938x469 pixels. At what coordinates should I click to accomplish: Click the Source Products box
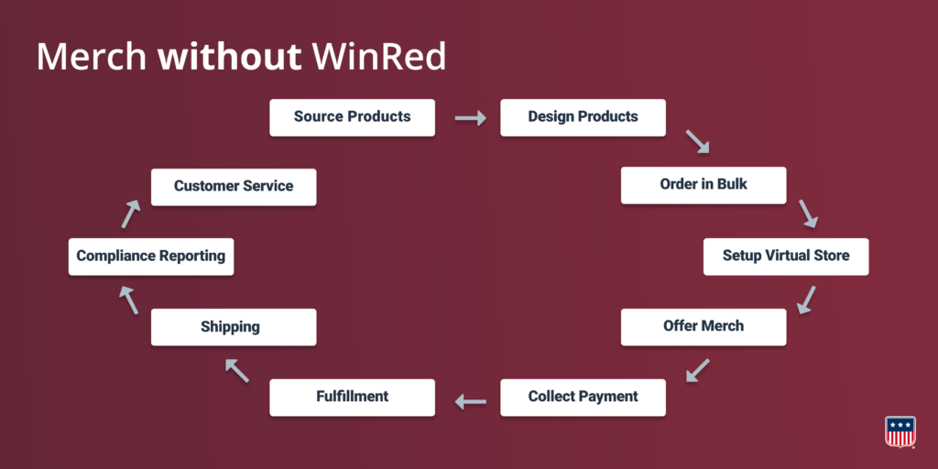click(x=353, y=118)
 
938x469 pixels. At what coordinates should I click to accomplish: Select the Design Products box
click(x=583, y=118)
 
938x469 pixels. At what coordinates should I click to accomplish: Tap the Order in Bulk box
click(x=703, y=185)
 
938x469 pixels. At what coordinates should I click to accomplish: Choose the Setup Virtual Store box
click(x=786, y=256)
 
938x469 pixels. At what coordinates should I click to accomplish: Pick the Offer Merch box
click(x=703, y=327)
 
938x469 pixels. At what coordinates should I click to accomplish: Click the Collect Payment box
click(x=583, y=398)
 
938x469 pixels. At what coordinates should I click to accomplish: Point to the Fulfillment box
click(x=353, y=398)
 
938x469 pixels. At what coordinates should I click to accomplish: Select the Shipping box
click(x=234, y=327)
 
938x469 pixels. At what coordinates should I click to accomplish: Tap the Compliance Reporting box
click(x=151, y=256)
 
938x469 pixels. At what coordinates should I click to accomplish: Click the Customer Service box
click(x=234, y=187)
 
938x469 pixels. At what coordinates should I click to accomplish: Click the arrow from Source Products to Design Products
click(x=470, y=118)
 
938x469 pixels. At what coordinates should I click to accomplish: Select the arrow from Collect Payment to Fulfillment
click(x=470, y=401)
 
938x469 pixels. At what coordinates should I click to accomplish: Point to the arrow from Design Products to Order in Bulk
click(x=697, y=141)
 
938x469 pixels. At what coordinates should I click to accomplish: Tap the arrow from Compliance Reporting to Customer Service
click(x=130, y=214)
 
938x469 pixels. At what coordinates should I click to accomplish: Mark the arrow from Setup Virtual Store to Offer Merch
click(x=806, y=300)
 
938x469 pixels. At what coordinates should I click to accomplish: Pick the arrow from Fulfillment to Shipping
click(x=237, y=370)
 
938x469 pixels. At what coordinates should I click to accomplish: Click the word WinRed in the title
click(x=379, y=58)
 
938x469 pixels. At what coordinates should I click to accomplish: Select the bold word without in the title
click(x=229, y=58)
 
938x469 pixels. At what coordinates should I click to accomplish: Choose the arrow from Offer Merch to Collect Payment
click(x=697, y=370)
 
